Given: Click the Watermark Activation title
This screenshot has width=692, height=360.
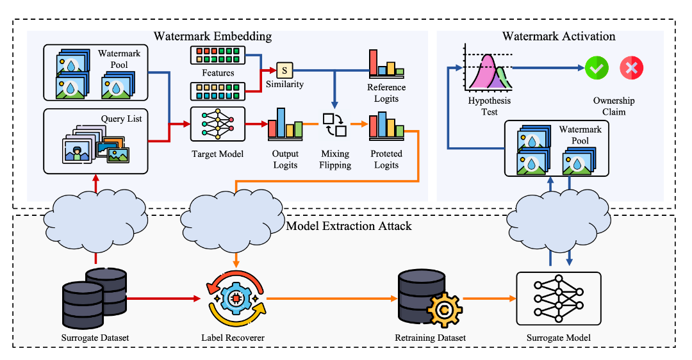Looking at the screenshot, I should pos(558,36).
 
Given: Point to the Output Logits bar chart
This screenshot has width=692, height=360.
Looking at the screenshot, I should pos(285,123).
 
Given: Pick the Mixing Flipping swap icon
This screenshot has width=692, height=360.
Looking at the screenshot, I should pos(334,125).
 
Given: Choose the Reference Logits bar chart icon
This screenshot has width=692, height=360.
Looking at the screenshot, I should pos(386,63).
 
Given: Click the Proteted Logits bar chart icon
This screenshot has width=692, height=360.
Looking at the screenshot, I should pos(386,126).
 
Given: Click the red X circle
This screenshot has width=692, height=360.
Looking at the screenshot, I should pos(631,67).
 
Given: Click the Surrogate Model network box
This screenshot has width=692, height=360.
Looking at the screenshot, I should pos(558,298).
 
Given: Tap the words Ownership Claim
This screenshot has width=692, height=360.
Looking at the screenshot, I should pos(613,106).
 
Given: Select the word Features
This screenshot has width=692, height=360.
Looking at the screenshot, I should pos(217,73).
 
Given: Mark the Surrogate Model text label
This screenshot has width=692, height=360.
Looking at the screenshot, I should pos(558,338).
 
